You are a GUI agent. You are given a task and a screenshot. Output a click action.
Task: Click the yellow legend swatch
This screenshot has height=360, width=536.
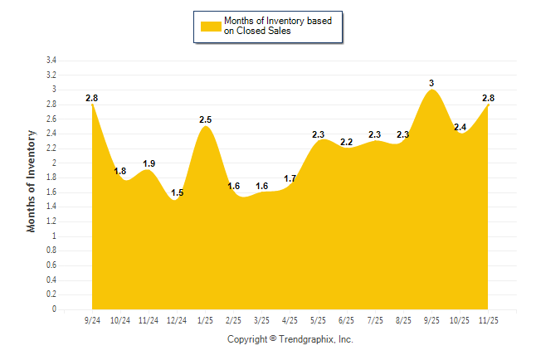[x=211, y=26]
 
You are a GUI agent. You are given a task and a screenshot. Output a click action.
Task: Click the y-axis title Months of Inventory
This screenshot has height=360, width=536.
[x=32, y=181]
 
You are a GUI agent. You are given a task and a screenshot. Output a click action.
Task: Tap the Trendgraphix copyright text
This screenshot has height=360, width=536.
[x=290, y=340]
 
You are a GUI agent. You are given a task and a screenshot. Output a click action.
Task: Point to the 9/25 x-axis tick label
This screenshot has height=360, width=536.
[x=431, y=319]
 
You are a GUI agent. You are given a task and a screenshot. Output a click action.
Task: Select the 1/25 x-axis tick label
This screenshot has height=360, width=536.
[x=205, y=319]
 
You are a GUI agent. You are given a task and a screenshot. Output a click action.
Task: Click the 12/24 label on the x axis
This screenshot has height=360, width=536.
[x=176, y=319]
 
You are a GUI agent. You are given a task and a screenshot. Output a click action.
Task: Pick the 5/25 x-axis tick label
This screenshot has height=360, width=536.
[x=318, y=319]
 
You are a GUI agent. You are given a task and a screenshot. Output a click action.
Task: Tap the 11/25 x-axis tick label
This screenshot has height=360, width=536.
[x=488, y=319]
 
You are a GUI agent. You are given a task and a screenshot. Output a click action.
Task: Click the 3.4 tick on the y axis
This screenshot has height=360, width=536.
[x=51, y=61]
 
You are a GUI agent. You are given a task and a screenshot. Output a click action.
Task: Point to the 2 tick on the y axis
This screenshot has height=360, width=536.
[x=54, y=163]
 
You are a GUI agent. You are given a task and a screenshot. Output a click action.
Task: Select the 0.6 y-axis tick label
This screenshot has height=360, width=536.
[x=51, y=265]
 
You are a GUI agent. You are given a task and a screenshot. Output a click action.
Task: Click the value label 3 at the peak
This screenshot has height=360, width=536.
[x=431, y=83]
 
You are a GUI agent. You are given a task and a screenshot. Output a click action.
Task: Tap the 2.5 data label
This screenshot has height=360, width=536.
[x=206, y=120]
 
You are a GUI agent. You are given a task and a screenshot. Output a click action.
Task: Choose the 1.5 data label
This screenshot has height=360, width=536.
[x=177, y=193]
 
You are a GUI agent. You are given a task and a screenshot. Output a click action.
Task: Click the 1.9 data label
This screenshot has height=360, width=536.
[x=149, y=164]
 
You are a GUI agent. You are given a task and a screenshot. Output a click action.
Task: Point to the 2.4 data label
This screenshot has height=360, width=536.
[x=460, y=127]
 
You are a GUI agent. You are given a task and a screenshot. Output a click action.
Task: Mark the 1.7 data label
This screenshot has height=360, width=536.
[x=290, y=178]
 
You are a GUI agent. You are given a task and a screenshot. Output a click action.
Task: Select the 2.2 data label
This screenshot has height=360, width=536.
[x=347, y=142]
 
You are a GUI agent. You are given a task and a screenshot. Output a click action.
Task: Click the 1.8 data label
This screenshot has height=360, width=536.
[x=120, y=172]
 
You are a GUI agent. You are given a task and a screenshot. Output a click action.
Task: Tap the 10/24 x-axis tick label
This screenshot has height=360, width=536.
[x=120, y=319]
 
